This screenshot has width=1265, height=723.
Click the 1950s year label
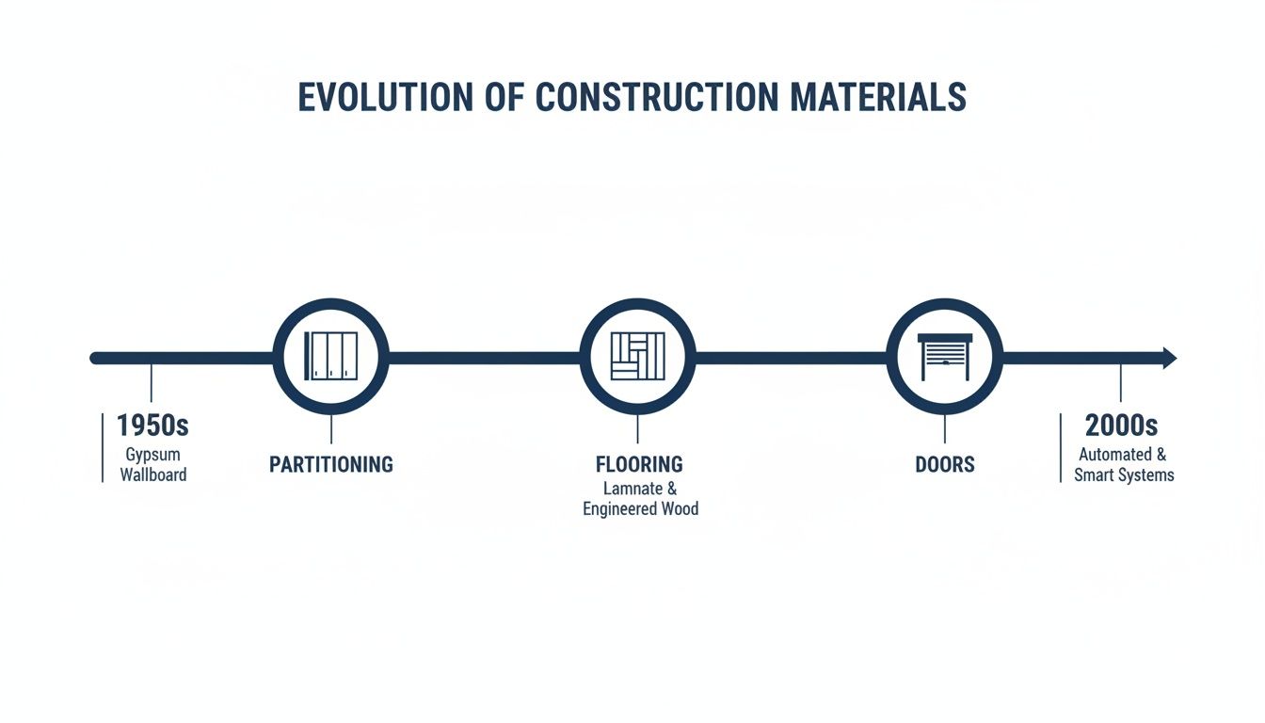pos(152,426)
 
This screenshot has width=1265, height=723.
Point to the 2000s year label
pos(1121,426)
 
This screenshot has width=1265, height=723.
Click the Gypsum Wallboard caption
pos(152,464)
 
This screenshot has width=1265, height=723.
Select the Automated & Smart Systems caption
pos(1124,464)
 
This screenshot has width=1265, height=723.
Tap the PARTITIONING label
pos(330,465)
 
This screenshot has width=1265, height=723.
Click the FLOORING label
pos(639,464)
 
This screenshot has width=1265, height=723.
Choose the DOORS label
pos(945,465)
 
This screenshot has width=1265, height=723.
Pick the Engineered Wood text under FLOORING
pos(640,509)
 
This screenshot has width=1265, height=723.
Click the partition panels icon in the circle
pos(330,357)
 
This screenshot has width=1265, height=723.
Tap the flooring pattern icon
pos(637,357)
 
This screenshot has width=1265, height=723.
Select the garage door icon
pos(945,358)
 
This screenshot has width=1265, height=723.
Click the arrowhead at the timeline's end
pos(1169,358)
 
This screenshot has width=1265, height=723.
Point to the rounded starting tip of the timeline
pos(95,358)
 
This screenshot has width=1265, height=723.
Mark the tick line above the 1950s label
pos(151,383)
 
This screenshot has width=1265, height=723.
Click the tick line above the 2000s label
pos(1120,383)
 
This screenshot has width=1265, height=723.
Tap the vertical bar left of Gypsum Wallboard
pos(102,447)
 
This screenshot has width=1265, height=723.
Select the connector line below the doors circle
pos(945,429)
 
